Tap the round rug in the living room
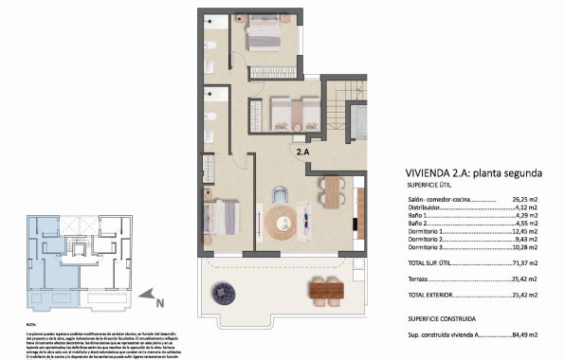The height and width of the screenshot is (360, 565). click(282, 224)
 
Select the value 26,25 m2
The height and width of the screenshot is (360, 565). click(525, 201)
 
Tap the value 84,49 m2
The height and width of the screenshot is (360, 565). click(525, 334)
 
